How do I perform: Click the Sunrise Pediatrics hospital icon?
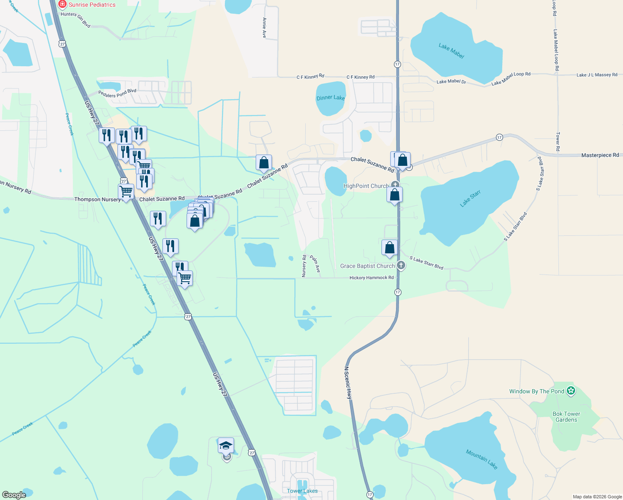coord(62,5)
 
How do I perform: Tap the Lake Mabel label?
coord(451,51)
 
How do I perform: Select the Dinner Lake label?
coord(331,98)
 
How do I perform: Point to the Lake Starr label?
coord(470,198)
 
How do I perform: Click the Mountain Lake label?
coord(481,459)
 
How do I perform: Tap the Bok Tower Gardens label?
coord(566,417)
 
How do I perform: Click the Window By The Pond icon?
coord(571,391)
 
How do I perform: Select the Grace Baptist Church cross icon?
coord(401,265)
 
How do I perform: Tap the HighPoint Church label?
coord(366,186)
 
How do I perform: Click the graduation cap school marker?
coord(226,446)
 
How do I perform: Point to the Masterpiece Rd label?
coord(600,155)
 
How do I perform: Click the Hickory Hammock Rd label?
coord(371,277)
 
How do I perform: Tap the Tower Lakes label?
coord(302,491)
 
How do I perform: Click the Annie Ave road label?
coord(264,28)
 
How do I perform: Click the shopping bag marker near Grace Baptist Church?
coord(389,247)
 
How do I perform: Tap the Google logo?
coord(14,495)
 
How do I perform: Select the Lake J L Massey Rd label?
coord(597,75)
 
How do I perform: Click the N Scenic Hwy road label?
coord(348,383)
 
